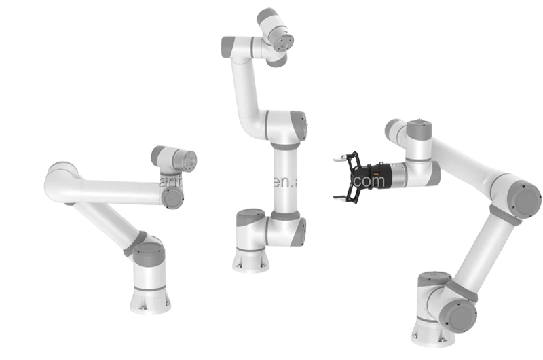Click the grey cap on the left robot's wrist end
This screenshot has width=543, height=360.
point(172,198)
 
